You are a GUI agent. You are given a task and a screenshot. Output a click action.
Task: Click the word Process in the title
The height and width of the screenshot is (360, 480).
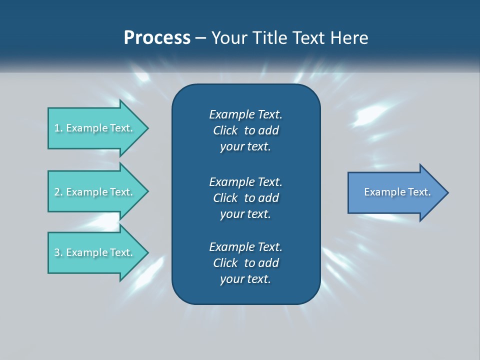click(157, 38)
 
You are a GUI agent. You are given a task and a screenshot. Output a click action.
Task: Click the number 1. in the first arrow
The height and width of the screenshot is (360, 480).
click(58, 128)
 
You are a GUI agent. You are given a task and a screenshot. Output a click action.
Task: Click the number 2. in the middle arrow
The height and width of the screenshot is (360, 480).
click(58, 192)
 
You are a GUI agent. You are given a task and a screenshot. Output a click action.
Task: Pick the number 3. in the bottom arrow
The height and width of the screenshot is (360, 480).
click(58, 252)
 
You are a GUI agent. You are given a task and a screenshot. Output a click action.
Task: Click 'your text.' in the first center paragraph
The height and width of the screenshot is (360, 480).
click(245, 146)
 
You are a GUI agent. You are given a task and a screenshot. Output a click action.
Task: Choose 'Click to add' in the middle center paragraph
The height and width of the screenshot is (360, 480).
click(245, 197)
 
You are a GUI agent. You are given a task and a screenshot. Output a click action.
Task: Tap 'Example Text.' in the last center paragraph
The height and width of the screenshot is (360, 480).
click(245, 246)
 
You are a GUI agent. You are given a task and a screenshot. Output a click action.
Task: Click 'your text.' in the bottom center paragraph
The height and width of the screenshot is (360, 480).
click(245, 279)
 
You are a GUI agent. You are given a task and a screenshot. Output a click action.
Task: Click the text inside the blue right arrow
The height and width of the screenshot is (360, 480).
click(397, 192)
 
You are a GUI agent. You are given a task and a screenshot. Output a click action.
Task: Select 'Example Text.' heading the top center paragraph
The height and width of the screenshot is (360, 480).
click(245, 114)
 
